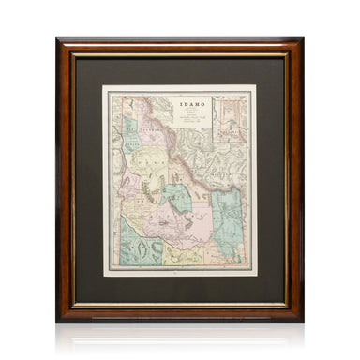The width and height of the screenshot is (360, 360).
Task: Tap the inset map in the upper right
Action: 231,117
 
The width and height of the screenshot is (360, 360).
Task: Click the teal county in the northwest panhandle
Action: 130,141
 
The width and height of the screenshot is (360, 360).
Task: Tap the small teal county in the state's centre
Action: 176,196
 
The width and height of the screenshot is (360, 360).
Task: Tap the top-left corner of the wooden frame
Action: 58,40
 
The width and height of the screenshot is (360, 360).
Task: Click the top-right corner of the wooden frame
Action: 301,40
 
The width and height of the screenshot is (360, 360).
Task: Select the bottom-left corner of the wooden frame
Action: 58,320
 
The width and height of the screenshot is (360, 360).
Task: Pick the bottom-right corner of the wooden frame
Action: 301,320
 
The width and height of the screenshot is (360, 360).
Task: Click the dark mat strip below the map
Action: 179,287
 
